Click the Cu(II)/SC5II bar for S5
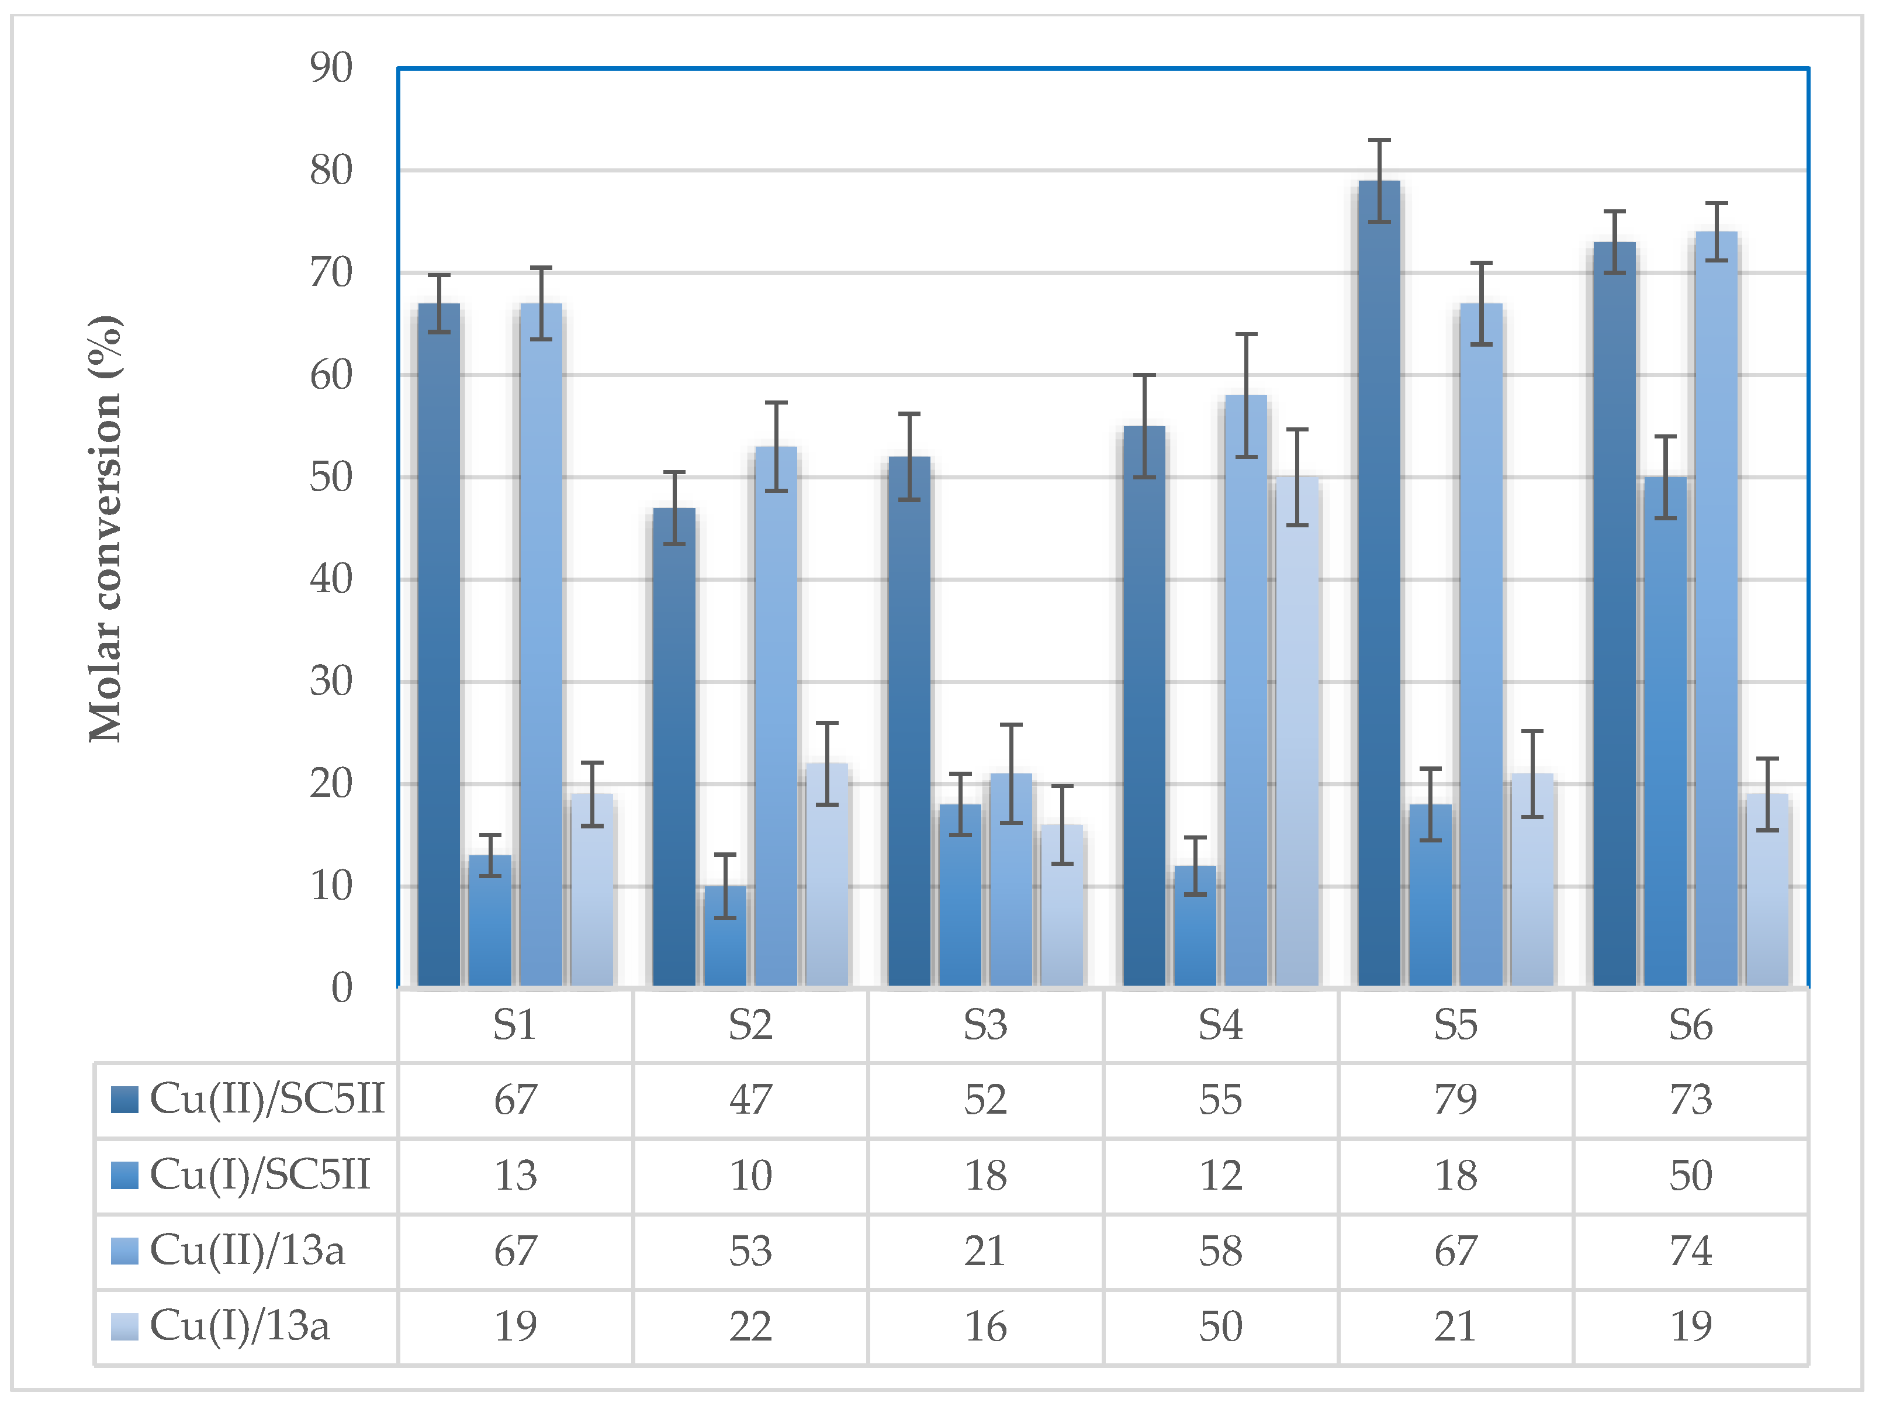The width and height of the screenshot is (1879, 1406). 1379,586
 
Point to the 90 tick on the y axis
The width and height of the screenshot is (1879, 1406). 331,68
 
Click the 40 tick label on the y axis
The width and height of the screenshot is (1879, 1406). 331,579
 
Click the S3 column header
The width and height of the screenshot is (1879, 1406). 985,1025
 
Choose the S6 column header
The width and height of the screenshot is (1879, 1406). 1690,1025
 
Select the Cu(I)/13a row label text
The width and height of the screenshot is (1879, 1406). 240,1326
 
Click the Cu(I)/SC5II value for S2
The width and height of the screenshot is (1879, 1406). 750,1176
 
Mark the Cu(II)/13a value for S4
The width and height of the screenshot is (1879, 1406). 1221,1250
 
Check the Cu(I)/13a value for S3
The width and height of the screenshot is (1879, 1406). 985,1326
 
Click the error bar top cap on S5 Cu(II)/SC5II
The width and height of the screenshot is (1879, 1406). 1379,140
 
